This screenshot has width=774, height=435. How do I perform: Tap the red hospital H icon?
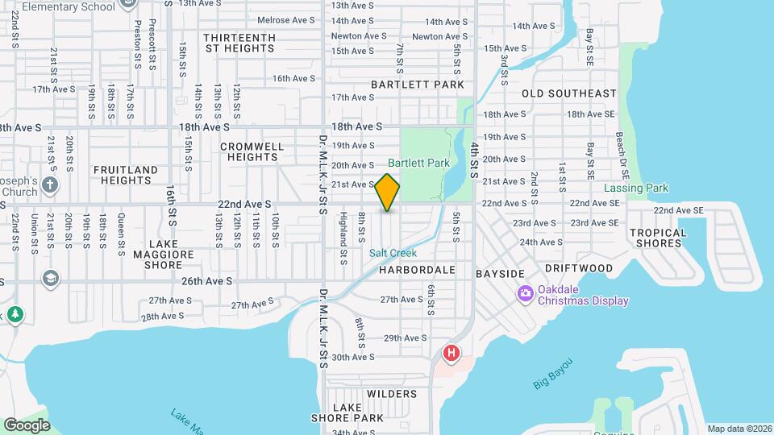[451, 353]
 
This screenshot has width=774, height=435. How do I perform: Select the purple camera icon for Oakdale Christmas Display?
[525, 293]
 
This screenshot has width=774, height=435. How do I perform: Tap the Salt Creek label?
[393, 252]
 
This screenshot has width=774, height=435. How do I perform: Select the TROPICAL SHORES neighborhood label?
[658, 238]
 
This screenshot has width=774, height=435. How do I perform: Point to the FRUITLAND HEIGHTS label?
[125, 176]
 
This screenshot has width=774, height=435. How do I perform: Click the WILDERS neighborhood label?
[392, 394]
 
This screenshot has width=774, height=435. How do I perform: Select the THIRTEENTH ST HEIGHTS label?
[239, 43]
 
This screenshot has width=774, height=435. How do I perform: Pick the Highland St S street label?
[343, 228]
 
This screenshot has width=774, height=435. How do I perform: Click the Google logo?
[27, 425]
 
